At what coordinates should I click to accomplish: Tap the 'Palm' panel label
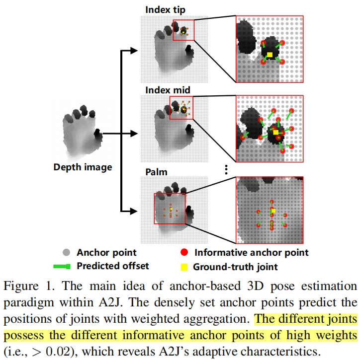(156, 172)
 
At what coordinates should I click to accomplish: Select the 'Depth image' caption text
(83, 167)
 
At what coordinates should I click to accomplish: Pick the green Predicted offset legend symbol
(63, 266)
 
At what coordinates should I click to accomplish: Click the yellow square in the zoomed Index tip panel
(270, 54)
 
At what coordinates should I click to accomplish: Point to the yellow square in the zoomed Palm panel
(273, 212)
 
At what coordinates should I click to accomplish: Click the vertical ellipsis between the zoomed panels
(226, 170)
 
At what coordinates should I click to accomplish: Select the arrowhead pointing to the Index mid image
(133, 133)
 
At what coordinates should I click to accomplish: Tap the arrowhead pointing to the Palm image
(133, 211)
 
